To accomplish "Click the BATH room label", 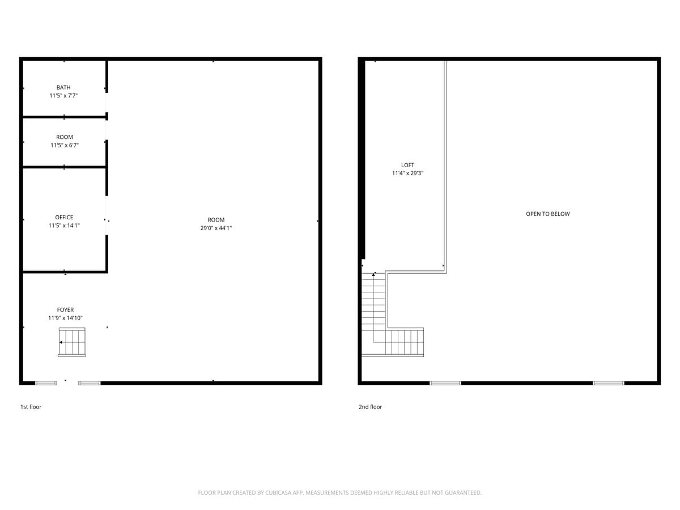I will pyautogui.click(x=63, y=87).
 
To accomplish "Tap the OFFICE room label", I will pyautogui.click(x=64, y=217).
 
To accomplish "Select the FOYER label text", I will pyautogui.click(x=65, y=310).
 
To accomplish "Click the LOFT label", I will pyautogui.click(x=407, y=165).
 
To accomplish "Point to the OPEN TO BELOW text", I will pyautogui.click(x=547, y=214).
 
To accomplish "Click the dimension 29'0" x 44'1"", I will pyautogui.click(x=216, y=228).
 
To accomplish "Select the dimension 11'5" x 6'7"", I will pyautogui.click(x=64, y=145).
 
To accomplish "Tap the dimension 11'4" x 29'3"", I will pyautogui.click(x=407, y=173).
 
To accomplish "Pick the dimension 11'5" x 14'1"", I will pyautogui.click(x=64, y=226).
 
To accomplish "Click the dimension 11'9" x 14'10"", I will pyautogui.click(x=65, y=318).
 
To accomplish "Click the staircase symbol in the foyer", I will pyautogui.click(x=72, y=342).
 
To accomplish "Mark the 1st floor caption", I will pyautogui.click(x=31, y=407).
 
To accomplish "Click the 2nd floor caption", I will pyautogui.click(x=370, y=407).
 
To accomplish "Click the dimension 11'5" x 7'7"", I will pyautogui.click(x=63, y=96).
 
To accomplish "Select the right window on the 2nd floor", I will pyautogui.click(x=608, y=383).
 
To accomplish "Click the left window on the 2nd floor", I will pyautogui.click(x=445, y=383).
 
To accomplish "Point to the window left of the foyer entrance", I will pyautogui.click(x=46, y=383).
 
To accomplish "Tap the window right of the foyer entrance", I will pyautogui.click(x=90, y=383).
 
